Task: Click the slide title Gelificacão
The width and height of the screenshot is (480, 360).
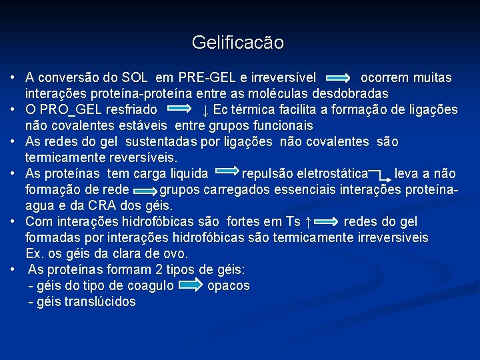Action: pos(237,43)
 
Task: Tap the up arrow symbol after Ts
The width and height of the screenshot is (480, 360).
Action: pos(307,222)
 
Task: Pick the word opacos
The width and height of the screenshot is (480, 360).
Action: pos(229,286)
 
